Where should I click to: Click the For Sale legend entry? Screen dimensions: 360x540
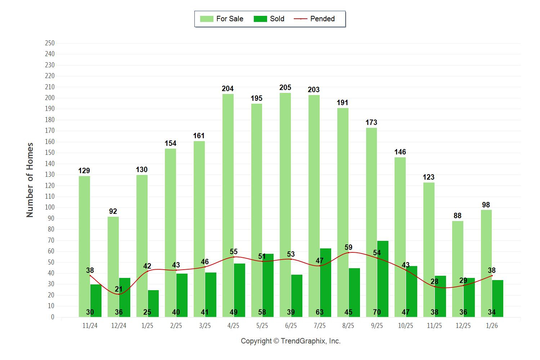(222, 19)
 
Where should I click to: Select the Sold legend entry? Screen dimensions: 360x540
(269, 19)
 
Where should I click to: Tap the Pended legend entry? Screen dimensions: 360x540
(314, 19)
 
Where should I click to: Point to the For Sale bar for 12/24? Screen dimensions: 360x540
(113, 266)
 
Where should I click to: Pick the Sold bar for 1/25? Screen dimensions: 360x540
(153, 302)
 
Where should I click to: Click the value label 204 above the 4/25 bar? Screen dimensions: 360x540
(228, 89)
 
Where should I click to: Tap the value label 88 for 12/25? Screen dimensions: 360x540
(457, 216)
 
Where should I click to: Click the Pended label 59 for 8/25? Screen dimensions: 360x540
(348, 247)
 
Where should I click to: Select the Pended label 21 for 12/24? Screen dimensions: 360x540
(118, 289)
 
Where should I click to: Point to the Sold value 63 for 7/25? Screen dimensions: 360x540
(319, 312)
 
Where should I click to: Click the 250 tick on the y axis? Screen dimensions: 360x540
(50, 43)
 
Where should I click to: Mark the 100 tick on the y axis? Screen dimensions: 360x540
(50, 208)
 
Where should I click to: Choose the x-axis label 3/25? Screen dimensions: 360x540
(204, 326)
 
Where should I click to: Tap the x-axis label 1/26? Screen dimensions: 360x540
(492, 326)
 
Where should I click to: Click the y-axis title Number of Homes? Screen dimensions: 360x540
(30, 180)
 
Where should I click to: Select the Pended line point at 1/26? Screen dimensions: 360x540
(492, 276)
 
